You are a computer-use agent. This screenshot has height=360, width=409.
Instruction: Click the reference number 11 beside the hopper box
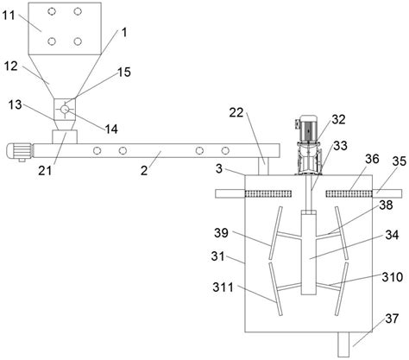[x=9, y=15]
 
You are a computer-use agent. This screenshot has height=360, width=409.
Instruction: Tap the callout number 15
[x=124, y=72]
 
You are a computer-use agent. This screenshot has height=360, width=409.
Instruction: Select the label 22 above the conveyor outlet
[x=236, y=112]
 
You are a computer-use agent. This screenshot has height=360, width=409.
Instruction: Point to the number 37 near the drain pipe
[x=392, y=319]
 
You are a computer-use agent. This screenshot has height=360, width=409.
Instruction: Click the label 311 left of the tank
[x=223, y=287]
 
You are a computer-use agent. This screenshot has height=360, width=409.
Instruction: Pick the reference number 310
[x=393, y=277]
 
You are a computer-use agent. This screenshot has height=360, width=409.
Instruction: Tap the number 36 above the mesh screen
[x=372, y=159]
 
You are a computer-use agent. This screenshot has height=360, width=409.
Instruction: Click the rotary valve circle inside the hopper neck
[x=65, y=110]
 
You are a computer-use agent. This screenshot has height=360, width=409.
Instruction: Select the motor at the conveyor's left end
[x=19, y=151]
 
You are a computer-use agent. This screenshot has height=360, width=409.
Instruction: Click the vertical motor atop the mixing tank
[x=308, y=145]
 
